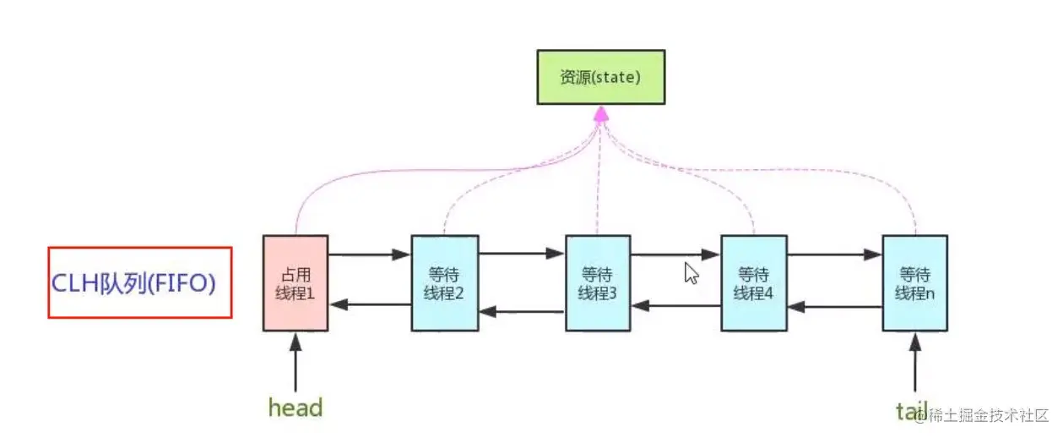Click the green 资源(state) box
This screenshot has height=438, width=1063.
coord(600,77)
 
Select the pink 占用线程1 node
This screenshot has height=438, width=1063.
coord(296,283)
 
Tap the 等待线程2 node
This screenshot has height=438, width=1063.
coord(445,283)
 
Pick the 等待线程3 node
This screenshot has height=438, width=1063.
coord(598,283)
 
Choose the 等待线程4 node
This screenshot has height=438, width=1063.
coord(754,283)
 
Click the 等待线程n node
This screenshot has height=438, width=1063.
coord(914,283)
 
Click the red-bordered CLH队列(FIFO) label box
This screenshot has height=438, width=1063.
coord(140,282)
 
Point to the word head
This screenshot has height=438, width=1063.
coord(296,408)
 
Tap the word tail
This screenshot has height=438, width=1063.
coord(912,411)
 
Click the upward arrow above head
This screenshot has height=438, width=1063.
coord(296,359)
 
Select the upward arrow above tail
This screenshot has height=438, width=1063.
coord(914,359)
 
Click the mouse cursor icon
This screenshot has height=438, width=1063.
coord(691,273)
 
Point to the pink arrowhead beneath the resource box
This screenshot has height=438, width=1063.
coord(600,113)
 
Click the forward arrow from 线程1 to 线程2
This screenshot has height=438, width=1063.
coord(369,254)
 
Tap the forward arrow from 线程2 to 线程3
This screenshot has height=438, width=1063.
coord(522,253)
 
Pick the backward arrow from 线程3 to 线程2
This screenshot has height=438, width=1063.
coord(522,312)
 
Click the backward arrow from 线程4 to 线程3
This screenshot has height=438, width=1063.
coord(676,303)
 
